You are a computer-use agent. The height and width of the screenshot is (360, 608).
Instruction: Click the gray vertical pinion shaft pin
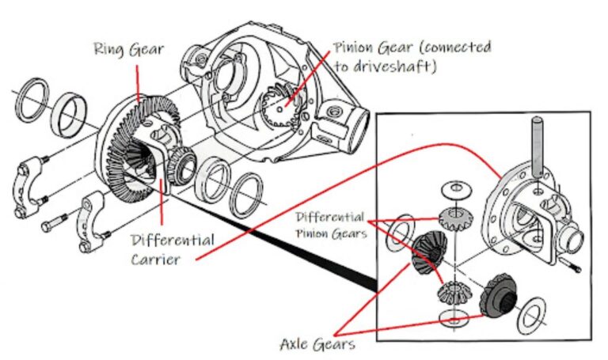[538, 147]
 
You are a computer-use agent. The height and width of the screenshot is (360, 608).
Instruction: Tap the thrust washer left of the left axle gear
[402, 229]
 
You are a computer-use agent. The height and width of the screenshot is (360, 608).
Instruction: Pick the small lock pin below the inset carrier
[572, 265]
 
